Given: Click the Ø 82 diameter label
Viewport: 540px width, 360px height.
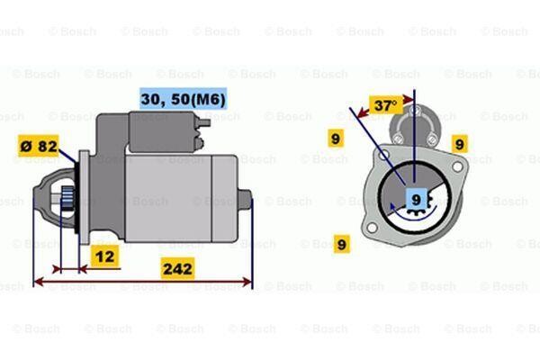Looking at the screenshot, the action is [x=38, y=146].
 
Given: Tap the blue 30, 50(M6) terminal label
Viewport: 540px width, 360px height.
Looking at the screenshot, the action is [x=184, y=99].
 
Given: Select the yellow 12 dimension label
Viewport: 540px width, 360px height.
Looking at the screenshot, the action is [x=104, y=256].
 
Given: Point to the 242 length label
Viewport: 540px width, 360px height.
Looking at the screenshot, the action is [x=177, y=269].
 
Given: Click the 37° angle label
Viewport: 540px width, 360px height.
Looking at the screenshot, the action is [x=386, y=105].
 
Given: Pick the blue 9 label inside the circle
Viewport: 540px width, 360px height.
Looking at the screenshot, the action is [x=417, y=199].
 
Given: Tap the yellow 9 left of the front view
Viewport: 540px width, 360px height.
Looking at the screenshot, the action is [x=336, y=138].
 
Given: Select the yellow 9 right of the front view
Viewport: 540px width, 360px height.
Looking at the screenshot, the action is [x=460, y=144].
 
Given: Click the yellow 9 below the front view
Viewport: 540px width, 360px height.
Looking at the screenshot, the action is [x=342, y=244].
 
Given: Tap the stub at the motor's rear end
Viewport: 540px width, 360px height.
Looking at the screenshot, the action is [x=245, y=200].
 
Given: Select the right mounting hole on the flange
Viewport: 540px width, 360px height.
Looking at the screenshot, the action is [x=457, y=166].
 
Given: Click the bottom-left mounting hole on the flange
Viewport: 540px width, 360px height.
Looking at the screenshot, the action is [x=372, y=228].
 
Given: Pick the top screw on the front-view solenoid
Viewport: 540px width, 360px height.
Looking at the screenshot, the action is [x=415, y=111].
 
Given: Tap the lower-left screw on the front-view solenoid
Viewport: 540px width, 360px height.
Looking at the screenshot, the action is [x=398, y=139].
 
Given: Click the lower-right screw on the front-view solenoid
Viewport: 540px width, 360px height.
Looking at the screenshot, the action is [x=432, y=139].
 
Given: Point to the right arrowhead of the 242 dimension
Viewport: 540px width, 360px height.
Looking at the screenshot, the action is [x=248, y=282].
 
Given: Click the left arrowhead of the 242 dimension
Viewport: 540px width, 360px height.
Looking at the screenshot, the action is [x=39, y=282].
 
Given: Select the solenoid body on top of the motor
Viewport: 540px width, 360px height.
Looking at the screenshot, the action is [x=162, y=131].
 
